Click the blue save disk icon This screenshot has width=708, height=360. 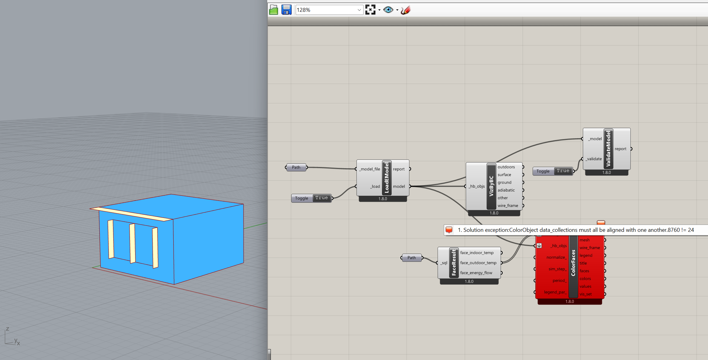point(286,10)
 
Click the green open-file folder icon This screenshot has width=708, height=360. point(274,10)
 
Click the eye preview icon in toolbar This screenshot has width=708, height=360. point(388,10)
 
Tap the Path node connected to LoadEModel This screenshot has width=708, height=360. point(296,167)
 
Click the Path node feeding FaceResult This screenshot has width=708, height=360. point(411,258)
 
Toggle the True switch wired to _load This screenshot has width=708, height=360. point(321,198)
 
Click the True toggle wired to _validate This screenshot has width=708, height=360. point(563,171)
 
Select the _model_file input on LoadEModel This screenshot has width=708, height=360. point(370,169)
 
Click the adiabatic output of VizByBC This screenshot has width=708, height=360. point(506,190)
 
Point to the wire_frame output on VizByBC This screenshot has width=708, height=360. point(508,205)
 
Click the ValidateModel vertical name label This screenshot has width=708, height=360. point(608,148)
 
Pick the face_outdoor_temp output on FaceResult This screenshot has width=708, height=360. point(478,263)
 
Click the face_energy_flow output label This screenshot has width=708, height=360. point(476,273)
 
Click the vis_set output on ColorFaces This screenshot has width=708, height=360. point(585,294)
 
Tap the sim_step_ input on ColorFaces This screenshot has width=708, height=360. point(557,269)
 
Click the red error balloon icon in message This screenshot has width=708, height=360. point(449,230)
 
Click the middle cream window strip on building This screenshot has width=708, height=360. point(132,243)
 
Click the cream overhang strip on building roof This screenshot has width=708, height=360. point(131,214)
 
